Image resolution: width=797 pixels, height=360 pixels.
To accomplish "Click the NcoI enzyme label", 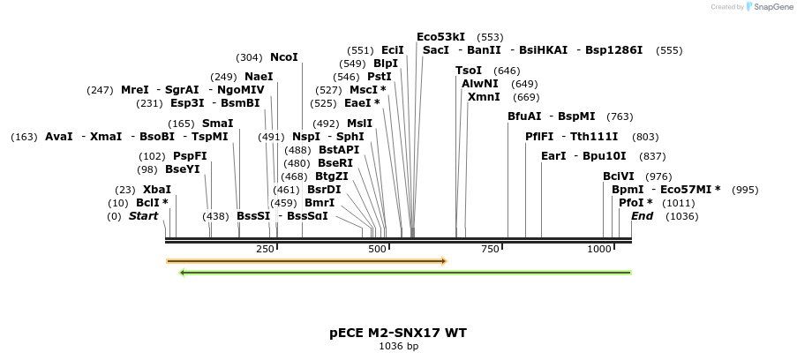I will [x=284, y=57].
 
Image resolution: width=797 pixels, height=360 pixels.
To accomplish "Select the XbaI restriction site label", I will [x=157, y=190].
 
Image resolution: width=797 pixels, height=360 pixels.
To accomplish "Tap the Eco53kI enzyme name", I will [x=440, y=37].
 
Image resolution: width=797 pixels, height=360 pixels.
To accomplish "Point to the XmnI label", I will [x=484, y=97].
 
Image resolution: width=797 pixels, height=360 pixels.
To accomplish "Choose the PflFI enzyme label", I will [x=539, y=137].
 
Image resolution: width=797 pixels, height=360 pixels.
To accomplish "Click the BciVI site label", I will [x=619, y=176].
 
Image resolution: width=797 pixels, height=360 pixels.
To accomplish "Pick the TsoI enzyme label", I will [x=469, y=71].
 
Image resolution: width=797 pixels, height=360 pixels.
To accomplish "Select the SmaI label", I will [x=218, y=124].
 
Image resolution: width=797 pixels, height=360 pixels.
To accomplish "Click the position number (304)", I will [x=250, y=57].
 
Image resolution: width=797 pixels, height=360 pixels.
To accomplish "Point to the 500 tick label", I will [x=378, y=250].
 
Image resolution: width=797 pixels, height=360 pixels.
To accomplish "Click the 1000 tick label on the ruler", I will [x=599, y=250].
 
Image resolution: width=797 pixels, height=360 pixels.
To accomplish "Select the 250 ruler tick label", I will [x=266, y=250].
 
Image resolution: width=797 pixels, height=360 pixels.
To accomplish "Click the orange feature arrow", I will [x=306, y=261].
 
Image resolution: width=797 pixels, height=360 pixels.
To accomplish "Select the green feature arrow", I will [x=405, y=273].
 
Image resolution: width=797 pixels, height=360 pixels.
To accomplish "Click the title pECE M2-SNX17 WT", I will [x=398, y=333].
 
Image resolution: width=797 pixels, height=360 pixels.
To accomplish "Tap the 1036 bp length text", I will [x=398, y=346].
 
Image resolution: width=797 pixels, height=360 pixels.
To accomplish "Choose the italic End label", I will [x=642, y=216].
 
